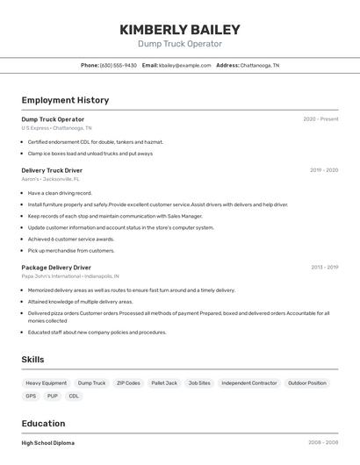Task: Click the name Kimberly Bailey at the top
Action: coord(179,30)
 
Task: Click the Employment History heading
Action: coord(65,100)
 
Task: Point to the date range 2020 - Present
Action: coord(320,119)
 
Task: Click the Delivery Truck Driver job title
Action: coord(52,170)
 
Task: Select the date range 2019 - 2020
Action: coord(324,170)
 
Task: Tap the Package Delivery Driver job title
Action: coord(56,268)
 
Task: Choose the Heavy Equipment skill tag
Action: coord(46,383)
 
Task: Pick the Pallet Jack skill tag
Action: coord(164,383)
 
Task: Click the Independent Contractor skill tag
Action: coord(248,383)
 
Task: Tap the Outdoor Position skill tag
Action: coord(306,383)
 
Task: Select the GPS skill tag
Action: coord(31,396)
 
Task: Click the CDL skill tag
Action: coord(74,396)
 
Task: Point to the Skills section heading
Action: coord(32,360)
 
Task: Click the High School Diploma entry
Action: coord(47,443)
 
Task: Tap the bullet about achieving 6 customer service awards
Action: coord(71,239)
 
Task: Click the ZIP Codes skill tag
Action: coord(127,383)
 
